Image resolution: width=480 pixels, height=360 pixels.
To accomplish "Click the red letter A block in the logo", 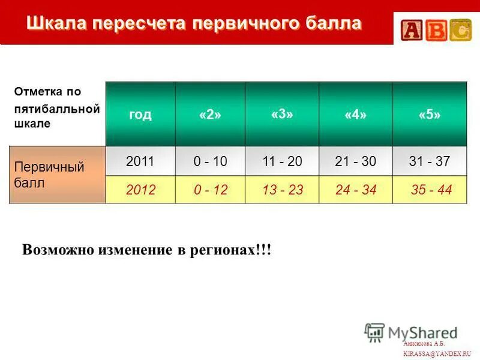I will click(413, 31).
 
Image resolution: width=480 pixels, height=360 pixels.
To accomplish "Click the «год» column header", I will click(140, 115).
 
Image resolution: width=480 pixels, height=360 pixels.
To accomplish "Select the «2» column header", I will click(210, 115).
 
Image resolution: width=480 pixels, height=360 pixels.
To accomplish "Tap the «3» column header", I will click(281, 114).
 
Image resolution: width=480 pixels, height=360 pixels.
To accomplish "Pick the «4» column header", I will click(355, 115).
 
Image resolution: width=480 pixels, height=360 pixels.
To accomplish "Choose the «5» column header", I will click(429, 115).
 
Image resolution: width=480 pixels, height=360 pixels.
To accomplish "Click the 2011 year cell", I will click(140, 161).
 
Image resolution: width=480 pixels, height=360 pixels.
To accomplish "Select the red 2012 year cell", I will click(140, 190).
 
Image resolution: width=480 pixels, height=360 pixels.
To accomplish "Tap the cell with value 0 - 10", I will click(210, 161).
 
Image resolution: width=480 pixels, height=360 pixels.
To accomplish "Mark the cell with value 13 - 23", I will click(283, 190).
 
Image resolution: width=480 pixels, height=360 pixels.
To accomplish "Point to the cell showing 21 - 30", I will click(356, 161).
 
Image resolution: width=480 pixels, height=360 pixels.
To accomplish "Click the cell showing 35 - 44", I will click(430, 190).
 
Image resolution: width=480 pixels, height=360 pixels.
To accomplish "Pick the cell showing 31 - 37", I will click(430, 161).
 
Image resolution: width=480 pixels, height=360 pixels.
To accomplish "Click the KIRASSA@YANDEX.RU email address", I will click(437, 353).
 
